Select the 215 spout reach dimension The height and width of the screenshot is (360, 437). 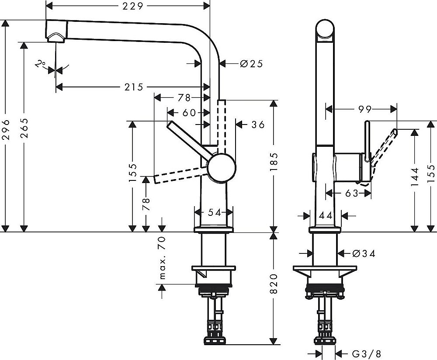coord(134,87)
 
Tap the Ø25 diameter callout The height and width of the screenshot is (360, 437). coord(251,64)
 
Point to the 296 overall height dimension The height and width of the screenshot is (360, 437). coord(6,129)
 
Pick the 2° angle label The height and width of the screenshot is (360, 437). coord(41,65)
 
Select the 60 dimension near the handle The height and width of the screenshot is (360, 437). coord(188,113)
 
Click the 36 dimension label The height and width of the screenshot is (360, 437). coord(258,125)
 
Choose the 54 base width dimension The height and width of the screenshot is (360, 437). coord(213,212)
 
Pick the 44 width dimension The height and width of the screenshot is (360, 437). coord(325,215)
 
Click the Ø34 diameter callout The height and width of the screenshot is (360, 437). coord(363,253)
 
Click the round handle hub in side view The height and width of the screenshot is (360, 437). coord(222,168)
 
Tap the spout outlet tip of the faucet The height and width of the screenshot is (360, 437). coord(56,38)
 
